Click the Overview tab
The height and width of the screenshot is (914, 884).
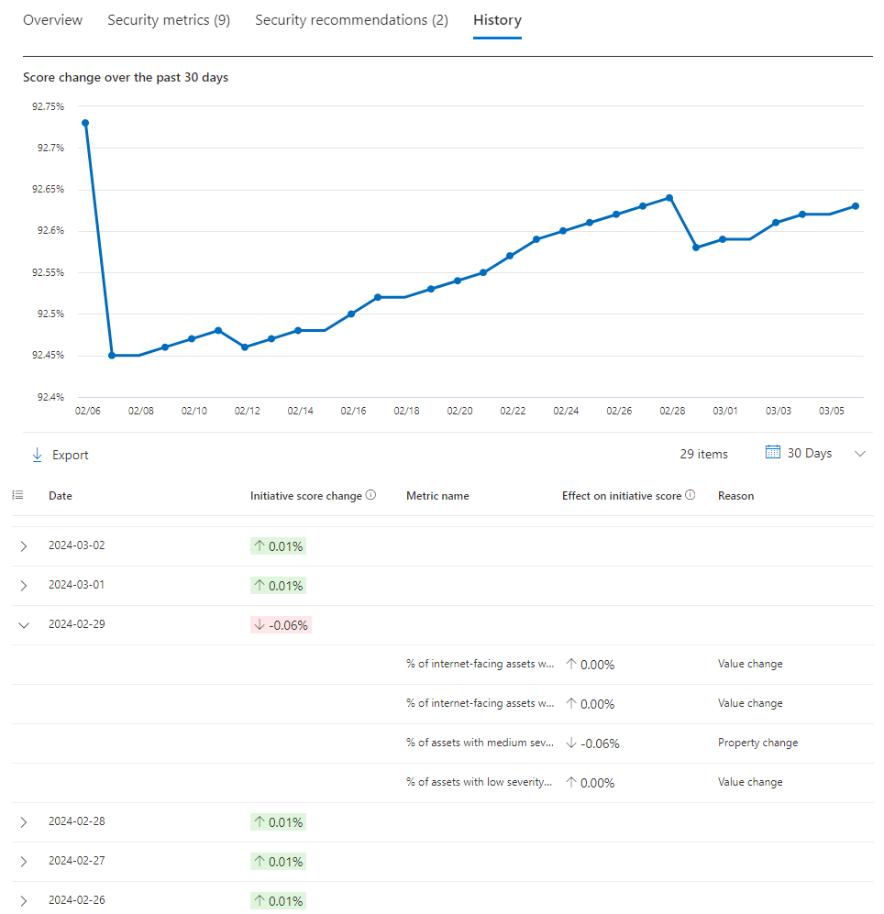point(52,20)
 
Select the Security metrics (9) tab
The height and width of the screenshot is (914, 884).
point(169,20)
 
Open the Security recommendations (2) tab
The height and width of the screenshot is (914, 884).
point(351,20)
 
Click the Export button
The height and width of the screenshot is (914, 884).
point(61,455)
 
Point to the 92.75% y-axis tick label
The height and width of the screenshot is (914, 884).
point(48,106)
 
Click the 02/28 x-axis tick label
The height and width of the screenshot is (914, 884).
point(672,411)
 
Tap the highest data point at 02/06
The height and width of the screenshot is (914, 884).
point(85,123)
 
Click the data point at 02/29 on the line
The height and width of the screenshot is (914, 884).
point(696,248)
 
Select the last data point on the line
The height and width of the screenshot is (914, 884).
point(856,205)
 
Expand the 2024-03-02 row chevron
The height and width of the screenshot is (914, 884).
point(24,546)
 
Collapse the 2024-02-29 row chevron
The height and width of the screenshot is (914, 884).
point(24,624)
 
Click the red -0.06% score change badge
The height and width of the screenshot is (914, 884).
point(282,625)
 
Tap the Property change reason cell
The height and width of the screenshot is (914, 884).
point(757,743)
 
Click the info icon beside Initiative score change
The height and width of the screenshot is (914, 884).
point(370,495)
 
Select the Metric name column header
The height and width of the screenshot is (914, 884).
point(437,496)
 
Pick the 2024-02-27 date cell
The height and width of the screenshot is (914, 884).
point(77,861)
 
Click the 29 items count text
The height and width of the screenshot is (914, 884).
point(704,454)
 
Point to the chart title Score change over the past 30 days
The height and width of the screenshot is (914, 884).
point(126,78)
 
